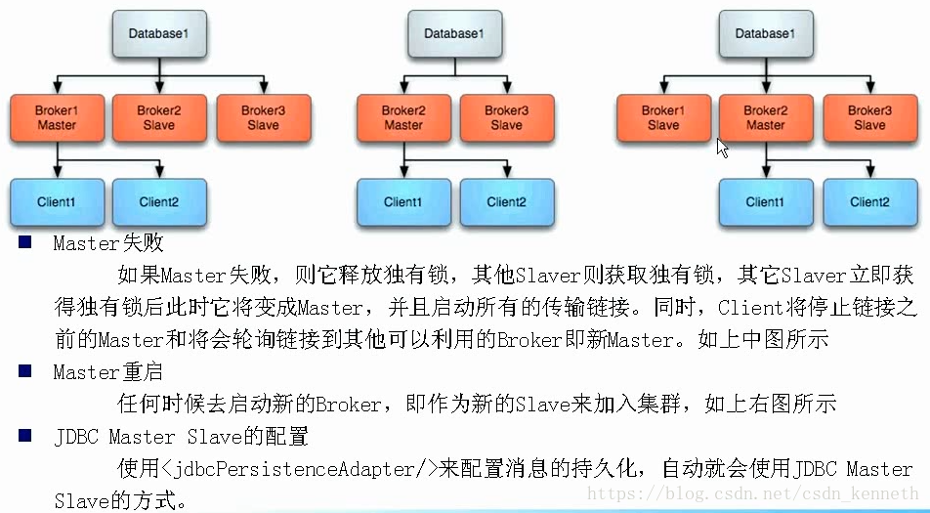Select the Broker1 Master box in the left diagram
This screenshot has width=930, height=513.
pos(56,117)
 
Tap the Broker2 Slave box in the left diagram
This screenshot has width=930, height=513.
pos(159,117)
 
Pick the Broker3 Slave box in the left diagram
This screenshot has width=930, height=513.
pos(263,117)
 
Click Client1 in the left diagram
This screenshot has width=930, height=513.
pos(56,202)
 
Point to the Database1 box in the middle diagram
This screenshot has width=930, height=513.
pos(453,34)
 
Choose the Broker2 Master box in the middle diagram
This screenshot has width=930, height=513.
pos(402,117)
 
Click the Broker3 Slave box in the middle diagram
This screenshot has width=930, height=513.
pos(506,117)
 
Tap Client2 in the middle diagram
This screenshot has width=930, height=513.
pos(506,202)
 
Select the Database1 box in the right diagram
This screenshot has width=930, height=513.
pos(765,34)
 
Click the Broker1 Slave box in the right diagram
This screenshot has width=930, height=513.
pos(662,117)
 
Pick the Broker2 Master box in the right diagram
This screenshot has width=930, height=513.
pos(765,117)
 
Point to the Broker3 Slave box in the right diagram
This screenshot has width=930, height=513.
pos(868,117)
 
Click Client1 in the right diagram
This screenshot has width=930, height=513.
pos(765,202)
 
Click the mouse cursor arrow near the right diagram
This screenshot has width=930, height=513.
pos(722,148)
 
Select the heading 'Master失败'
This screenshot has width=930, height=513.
pos(108,244)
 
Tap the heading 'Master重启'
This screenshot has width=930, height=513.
pos(108,372)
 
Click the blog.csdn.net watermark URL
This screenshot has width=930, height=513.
pos(752,495)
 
